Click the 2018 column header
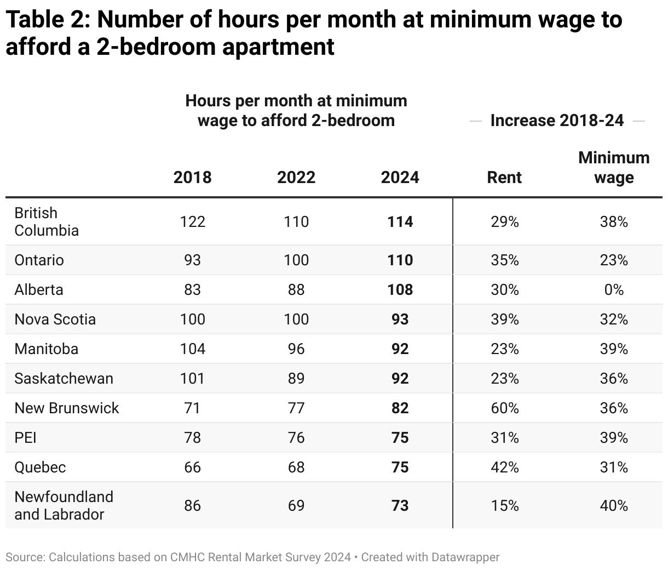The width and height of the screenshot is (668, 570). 192,178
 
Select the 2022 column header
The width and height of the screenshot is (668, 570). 296,178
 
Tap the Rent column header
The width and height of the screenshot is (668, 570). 504,178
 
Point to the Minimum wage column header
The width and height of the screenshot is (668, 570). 614,168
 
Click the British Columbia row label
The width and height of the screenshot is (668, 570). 47,221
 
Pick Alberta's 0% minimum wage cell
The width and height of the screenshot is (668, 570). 614,289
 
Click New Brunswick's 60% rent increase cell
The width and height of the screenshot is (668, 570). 504,408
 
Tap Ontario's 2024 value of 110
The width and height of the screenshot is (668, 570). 400,260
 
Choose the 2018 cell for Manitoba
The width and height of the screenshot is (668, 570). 192,349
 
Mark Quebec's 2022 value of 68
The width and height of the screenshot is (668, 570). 296,467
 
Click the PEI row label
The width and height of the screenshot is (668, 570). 26,437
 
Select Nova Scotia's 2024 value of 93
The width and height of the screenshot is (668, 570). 400,319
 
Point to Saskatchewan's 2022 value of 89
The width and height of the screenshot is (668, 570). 296,378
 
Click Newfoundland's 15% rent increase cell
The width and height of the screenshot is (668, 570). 504,505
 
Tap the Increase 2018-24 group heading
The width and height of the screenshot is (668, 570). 557,121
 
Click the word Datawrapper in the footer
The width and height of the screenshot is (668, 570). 465,557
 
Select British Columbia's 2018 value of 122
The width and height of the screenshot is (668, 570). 192,221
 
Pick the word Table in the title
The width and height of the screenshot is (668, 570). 32,20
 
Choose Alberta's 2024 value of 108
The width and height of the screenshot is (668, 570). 400,289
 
